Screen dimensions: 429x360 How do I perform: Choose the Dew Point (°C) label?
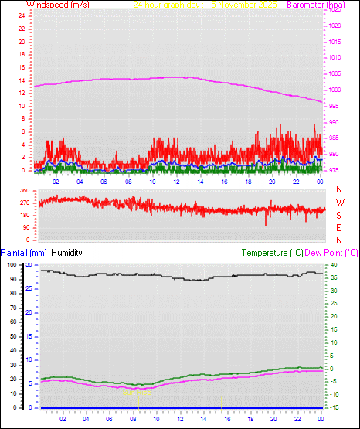[331, 252]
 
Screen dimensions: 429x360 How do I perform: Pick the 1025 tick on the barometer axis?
[334, 10]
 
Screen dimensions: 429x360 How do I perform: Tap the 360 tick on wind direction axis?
[24, 190]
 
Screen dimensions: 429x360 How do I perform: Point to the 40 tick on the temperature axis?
[330, 264]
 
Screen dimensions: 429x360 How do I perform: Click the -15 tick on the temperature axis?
[331, 407]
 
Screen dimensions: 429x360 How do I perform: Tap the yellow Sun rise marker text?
[133, 392]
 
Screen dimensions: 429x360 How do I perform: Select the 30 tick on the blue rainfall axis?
[29, 264]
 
